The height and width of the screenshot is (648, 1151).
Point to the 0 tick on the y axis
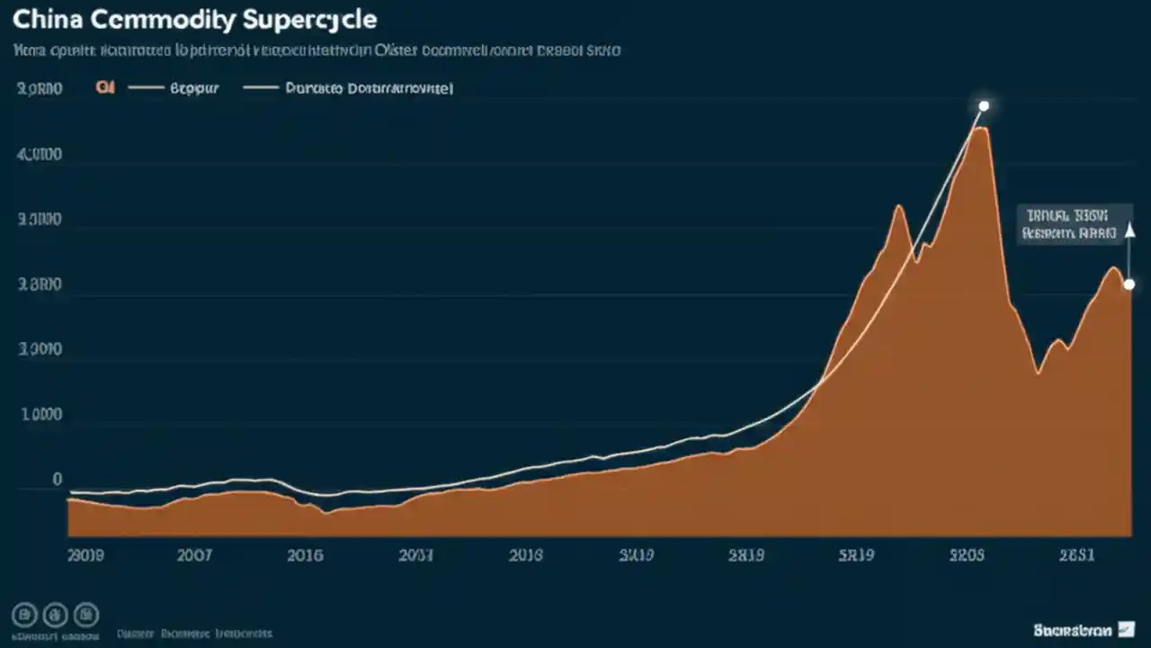(x=57, y=480)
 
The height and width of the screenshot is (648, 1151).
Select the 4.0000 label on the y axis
(x=40, y=155)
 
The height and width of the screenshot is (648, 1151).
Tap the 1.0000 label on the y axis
(x=40, y=416)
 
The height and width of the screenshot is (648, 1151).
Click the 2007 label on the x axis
(x=194, y=555)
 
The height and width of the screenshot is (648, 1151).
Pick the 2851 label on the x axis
(x=1075, y=555)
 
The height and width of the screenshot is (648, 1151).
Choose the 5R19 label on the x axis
(x=855, y=555)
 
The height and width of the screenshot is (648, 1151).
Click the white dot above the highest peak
(x=984, y=106)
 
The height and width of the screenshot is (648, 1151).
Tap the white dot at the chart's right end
(x=1129, y=284)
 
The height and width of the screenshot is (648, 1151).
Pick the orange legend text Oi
(x=104, y=88)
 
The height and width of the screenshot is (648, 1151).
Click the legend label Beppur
(x=194, y=88)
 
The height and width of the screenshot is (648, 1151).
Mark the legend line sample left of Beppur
(x=147, y=88)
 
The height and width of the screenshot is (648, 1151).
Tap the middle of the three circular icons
(x=56, y=615)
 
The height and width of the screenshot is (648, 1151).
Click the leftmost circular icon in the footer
(x=25, y=615)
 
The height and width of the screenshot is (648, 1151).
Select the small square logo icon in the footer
(x=1126, y=630)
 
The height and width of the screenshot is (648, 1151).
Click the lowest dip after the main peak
(x=1039, y=372)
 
